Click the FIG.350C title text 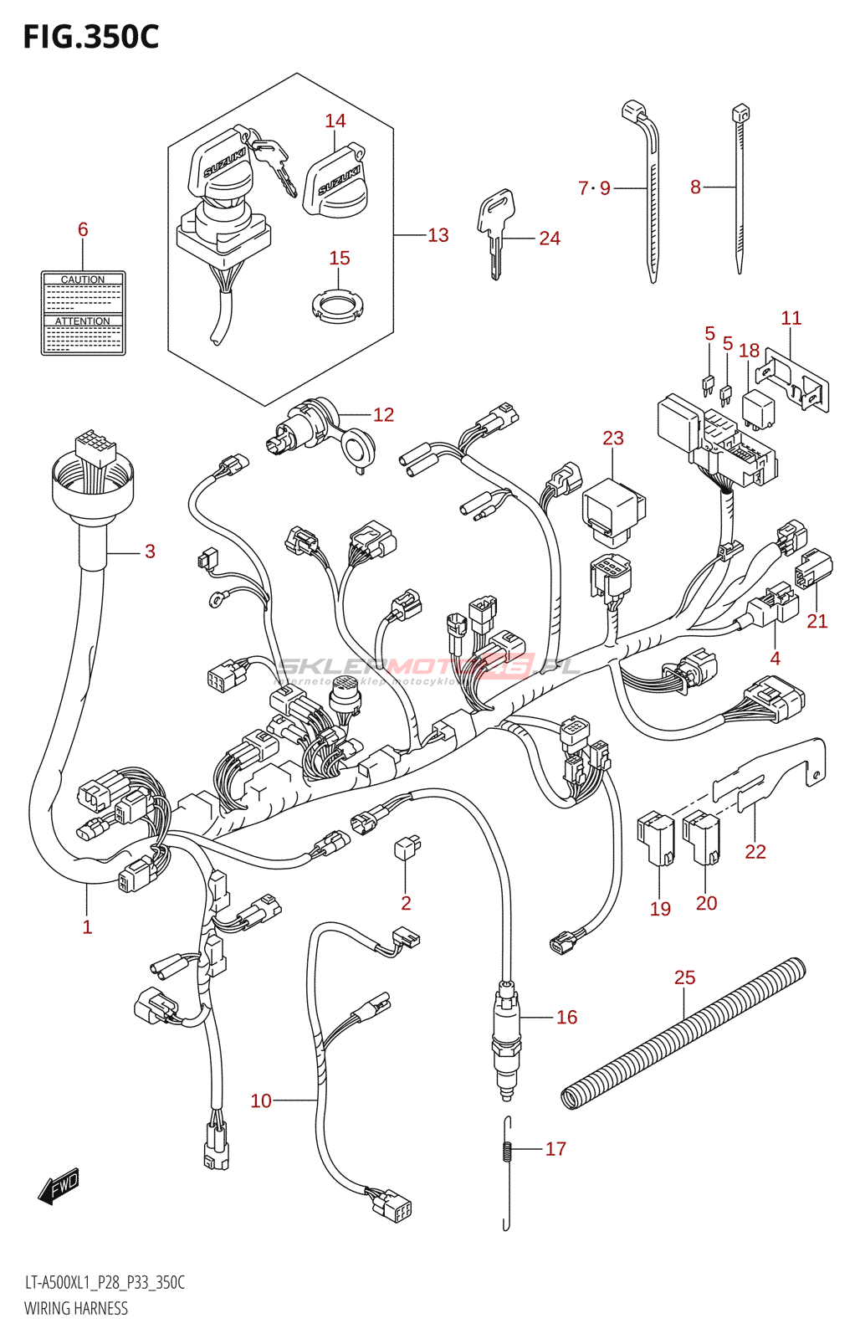click(x=90, y=37)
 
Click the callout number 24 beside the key click(x=550, y=239)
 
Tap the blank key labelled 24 click(x=495, y=230)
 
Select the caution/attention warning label click(x=84, y=313)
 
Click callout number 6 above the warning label click(x=83, y=229)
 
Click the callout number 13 click(x=438, y=236)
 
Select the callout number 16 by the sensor click(x=566, y=1017)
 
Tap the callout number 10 click(x=261, y=1100)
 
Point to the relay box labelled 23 click(x=613, y=506)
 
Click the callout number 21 click(x=817, y=621)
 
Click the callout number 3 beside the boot click(x=150, y=552)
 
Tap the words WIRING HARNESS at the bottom click(x=76, y=1308)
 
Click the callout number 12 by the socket click(x=383, y=415)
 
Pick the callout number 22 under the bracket click(x=755, y=852)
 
